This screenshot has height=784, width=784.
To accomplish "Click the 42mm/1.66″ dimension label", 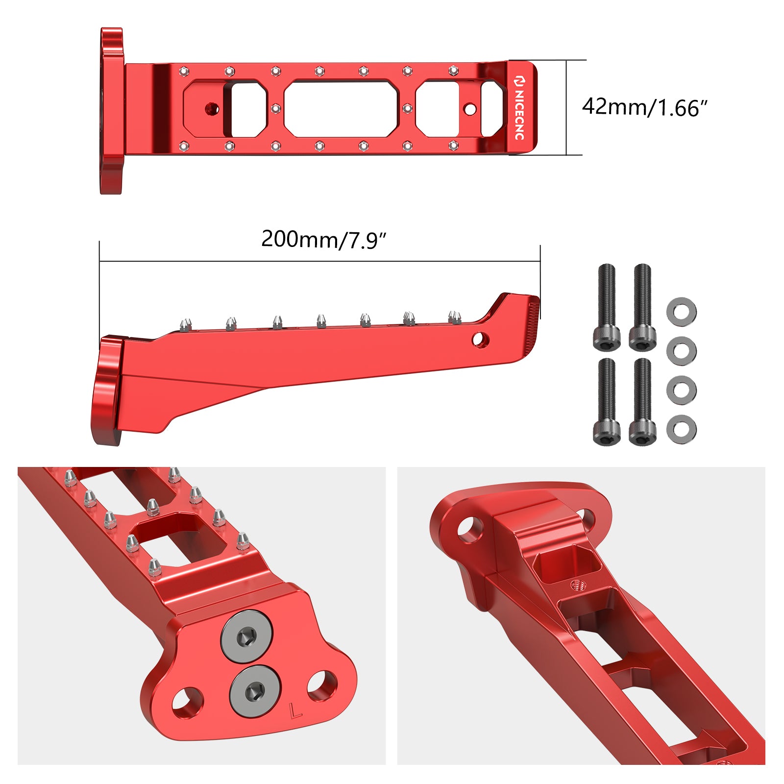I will tap(645, 107).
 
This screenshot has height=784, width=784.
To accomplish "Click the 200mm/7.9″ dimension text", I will tap(324, 240).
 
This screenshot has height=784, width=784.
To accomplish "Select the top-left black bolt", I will tap(607, 307).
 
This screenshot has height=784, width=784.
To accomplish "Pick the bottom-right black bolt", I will tap(642, 402).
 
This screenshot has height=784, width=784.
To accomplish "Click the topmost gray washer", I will tap(681, 312).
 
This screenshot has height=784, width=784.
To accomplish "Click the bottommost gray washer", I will tap(681, 429).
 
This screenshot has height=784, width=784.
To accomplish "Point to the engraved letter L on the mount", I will tap(295, 711).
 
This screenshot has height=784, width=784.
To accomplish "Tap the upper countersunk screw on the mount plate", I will tap(246, 637).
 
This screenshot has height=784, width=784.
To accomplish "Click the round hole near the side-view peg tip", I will tap(480, 339).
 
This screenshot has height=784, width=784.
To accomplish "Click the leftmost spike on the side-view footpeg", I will tap(185, 324).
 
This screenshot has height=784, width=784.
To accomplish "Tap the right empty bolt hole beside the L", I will tap(322, 685).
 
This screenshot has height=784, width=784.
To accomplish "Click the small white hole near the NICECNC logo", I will tap(470, 109).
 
